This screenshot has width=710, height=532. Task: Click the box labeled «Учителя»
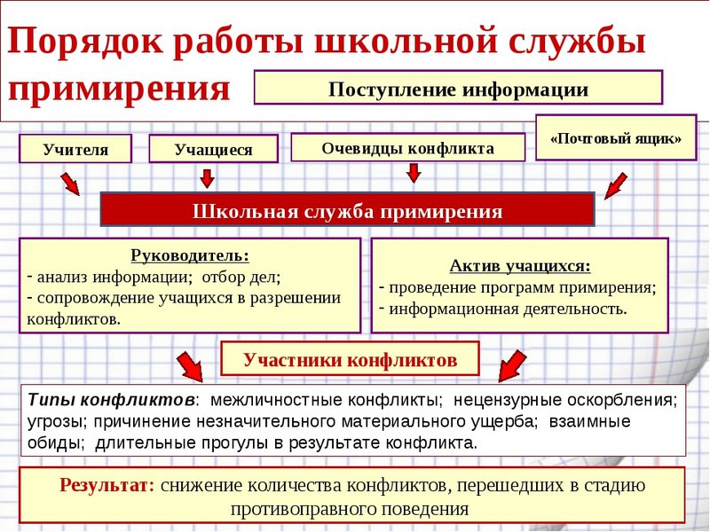click(x=75, y=149)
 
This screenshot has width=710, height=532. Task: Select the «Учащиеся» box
click(x=213, y=150)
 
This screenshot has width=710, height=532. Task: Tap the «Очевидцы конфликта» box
click(x=408, y=148)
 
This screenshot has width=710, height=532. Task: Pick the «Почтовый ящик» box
click(x=616, y=138)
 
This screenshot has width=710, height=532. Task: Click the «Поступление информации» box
click(x=458, y=89)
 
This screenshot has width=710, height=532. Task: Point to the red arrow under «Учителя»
click(x=69, y=184)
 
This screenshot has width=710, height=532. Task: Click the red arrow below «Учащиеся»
click(x=207, y=179)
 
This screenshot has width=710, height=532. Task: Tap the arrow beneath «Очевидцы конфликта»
click(x=413, y=173)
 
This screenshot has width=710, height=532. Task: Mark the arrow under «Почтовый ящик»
click(x=616, y=185)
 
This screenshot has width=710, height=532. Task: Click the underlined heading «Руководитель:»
click(x=190, y=256)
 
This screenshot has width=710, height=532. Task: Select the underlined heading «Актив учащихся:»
click(x=519, y=266)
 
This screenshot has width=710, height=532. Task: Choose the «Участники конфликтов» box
click(x=351, y=359)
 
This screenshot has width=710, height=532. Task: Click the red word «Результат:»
click(x=107, y=486)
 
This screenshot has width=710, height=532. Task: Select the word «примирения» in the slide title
click(x=121, y=90)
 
